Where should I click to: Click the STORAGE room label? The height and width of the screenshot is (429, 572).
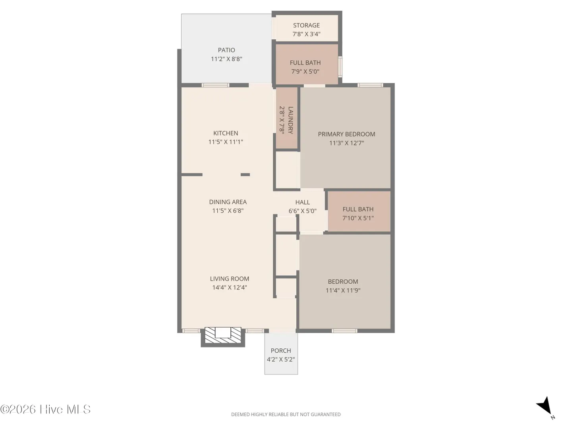306,25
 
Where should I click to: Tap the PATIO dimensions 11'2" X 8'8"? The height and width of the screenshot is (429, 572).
226,59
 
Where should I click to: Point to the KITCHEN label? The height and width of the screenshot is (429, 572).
226,133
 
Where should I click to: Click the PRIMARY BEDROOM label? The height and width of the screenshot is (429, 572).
346,134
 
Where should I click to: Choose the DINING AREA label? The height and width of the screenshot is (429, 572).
228,202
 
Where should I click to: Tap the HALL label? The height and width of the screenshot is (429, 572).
303,202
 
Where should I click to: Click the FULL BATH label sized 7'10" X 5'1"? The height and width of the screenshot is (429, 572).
358,209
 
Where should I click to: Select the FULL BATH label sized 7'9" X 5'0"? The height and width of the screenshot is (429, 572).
305,63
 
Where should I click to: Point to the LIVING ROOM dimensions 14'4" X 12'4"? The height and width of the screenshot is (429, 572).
230,287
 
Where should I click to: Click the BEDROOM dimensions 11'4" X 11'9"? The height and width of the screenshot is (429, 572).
343,290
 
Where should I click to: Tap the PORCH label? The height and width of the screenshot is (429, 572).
281,351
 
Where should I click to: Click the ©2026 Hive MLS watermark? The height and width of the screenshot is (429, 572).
45,409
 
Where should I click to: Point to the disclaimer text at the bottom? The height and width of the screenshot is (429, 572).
286,414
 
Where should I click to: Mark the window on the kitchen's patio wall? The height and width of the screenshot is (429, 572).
216,85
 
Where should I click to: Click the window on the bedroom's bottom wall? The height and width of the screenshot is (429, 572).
344,331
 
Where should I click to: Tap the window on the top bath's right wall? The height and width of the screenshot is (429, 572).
340,67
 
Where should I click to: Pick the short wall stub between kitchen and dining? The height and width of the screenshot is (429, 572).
245,175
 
